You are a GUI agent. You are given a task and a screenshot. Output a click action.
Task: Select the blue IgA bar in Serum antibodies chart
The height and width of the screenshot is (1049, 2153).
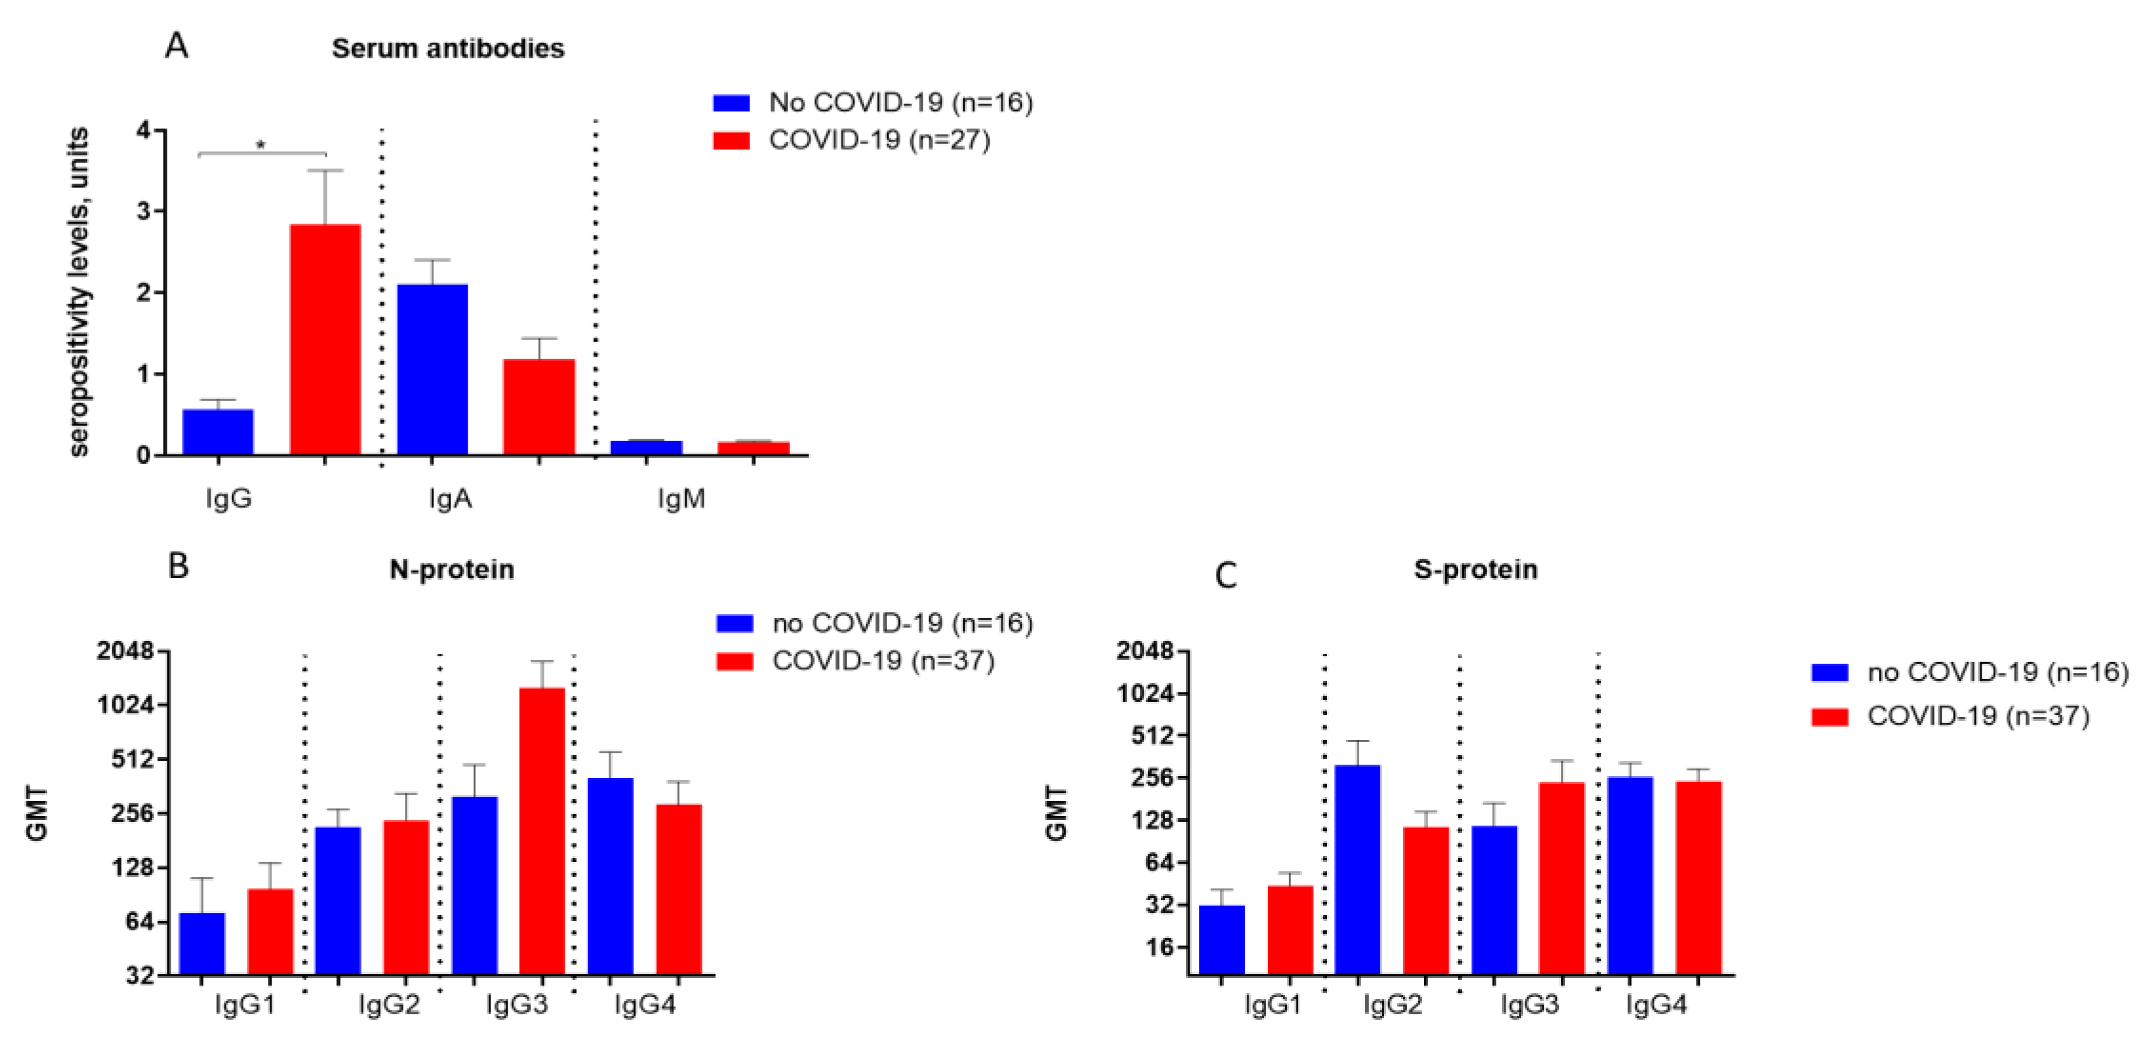[432, 369]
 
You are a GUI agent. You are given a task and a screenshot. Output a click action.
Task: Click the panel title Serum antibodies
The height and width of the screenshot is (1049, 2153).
[448, 48]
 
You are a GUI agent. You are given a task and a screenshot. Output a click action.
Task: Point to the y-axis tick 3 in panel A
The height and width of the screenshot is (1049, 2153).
[145, 211]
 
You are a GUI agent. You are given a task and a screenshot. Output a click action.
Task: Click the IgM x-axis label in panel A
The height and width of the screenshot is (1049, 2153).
[681, 499]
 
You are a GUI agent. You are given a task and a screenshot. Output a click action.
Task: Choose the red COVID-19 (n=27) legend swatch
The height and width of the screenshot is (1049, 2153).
[732, 140]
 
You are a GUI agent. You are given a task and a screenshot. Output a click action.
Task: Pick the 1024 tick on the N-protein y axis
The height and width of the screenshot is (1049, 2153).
[126, 704]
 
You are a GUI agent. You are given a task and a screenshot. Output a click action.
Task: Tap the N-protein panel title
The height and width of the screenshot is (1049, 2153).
[452, 569]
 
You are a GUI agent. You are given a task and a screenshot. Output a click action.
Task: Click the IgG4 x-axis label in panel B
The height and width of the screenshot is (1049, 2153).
[645, 1005]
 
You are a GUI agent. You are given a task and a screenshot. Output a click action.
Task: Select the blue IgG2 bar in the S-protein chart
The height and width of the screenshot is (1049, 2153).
[1357, 869]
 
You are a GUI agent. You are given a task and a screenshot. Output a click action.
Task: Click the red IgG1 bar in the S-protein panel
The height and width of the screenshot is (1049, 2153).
[1289, 930]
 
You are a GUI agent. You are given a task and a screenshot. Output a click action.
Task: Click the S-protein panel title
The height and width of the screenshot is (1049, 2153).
[1475, 569]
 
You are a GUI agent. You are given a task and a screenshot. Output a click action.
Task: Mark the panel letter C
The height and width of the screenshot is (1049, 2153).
[1225, 576]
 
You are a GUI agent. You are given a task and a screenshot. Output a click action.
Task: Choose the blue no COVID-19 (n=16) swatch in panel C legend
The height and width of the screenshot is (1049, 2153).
[1829, 673]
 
